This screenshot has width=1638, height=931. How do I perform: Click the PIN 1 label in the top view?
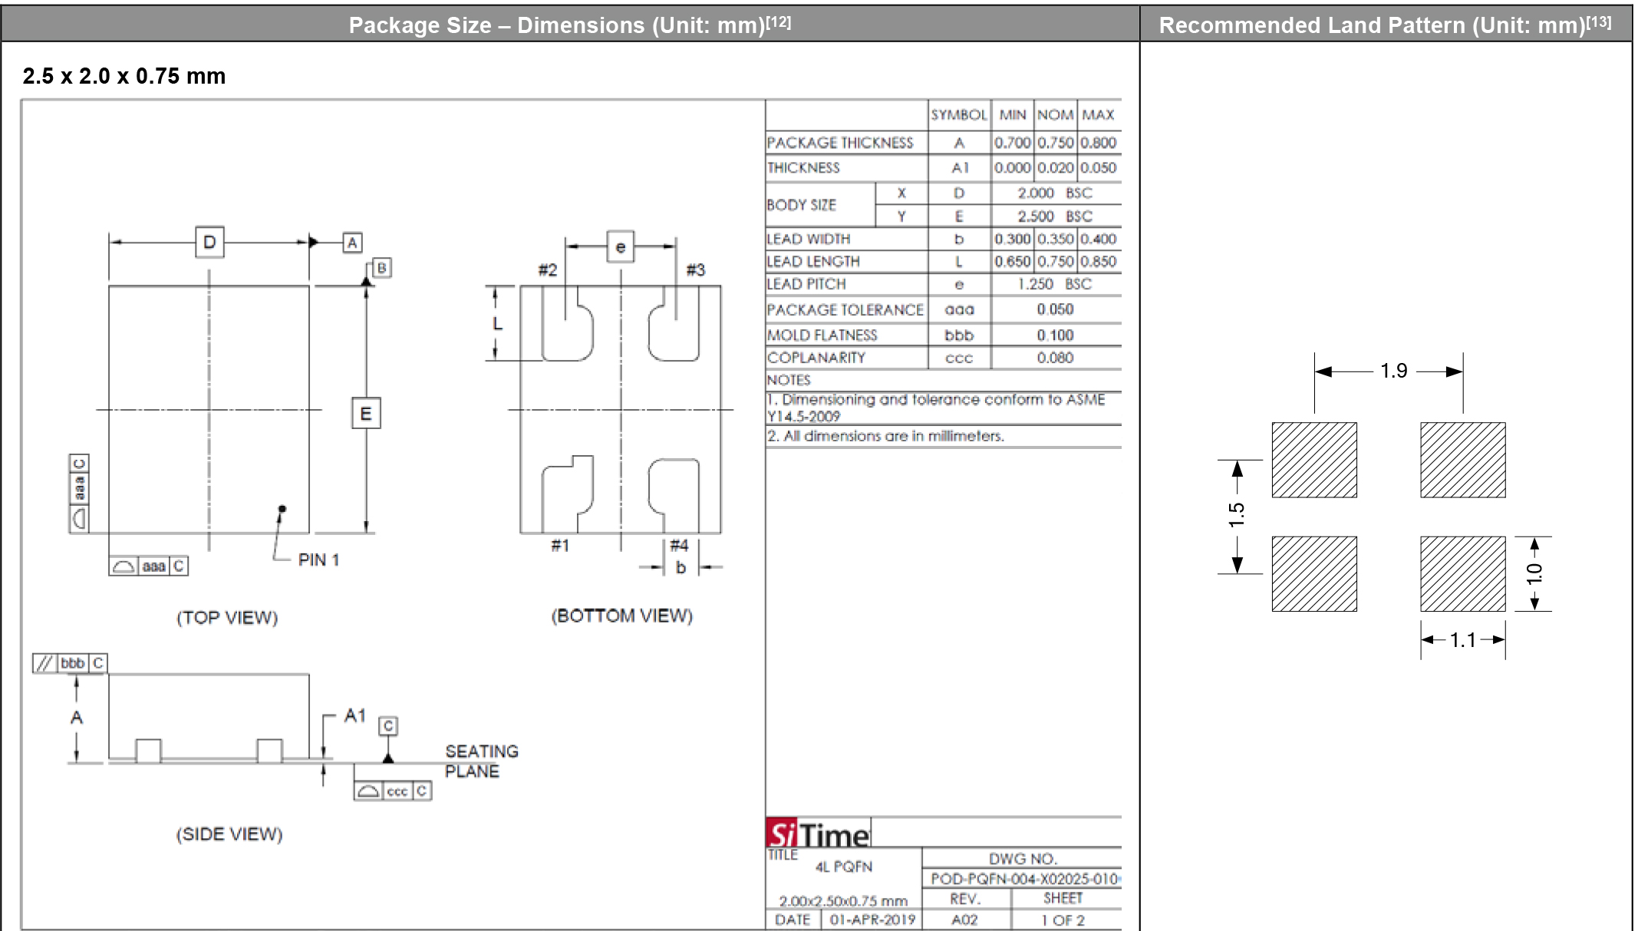coord(318,560)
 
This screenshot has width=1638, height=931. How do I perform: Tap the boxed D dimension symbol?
coord(209,243)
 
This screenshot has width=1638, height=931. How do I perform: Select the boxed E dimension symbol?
coord(366,414)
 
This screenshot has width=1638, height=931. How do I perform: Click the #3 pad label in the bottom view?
coord(695,270)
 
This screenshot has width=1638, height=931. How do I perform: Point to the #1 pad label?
coord(560,546)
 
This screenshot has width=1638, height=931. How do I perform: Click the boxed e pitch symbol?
coord(620,247)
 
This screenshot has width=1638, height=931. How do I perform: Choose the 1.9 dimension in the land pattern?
coord(1393,371)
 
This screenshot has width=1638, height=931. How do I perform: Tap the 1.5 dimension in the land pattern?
coord(1236,514)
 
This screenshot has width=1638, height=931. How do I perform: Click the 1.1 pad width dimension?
coord(1462,639)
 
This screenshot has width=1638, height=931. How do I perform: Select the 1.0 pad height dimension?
coord(1534,574)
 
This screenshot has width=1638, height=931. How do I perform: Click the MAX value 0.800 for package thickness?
coord(1098,143)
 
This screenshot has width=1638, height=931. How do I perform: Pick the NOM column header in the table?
coord(1055,115)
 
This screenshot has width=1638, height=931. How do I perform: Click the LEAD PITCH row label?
coord(806,284)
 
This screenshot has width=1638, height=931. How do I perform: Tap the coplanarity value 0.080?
coord(1055,358)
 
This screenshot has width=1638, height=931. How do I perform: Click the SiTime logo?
coord(818,834)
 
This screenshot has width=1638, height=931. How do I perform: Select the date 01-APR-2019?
coord(872,919)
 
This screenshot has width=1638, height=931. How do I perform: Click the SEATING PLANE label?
coord(481,761)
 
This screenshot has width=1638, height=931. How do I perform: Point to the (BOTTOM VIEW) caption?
coord(621,616)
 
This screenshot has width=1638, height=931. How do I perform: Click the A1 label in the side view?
coord(354,715)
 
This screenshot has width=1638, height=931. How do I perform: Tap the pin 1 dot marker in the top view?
coord(282,509)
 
